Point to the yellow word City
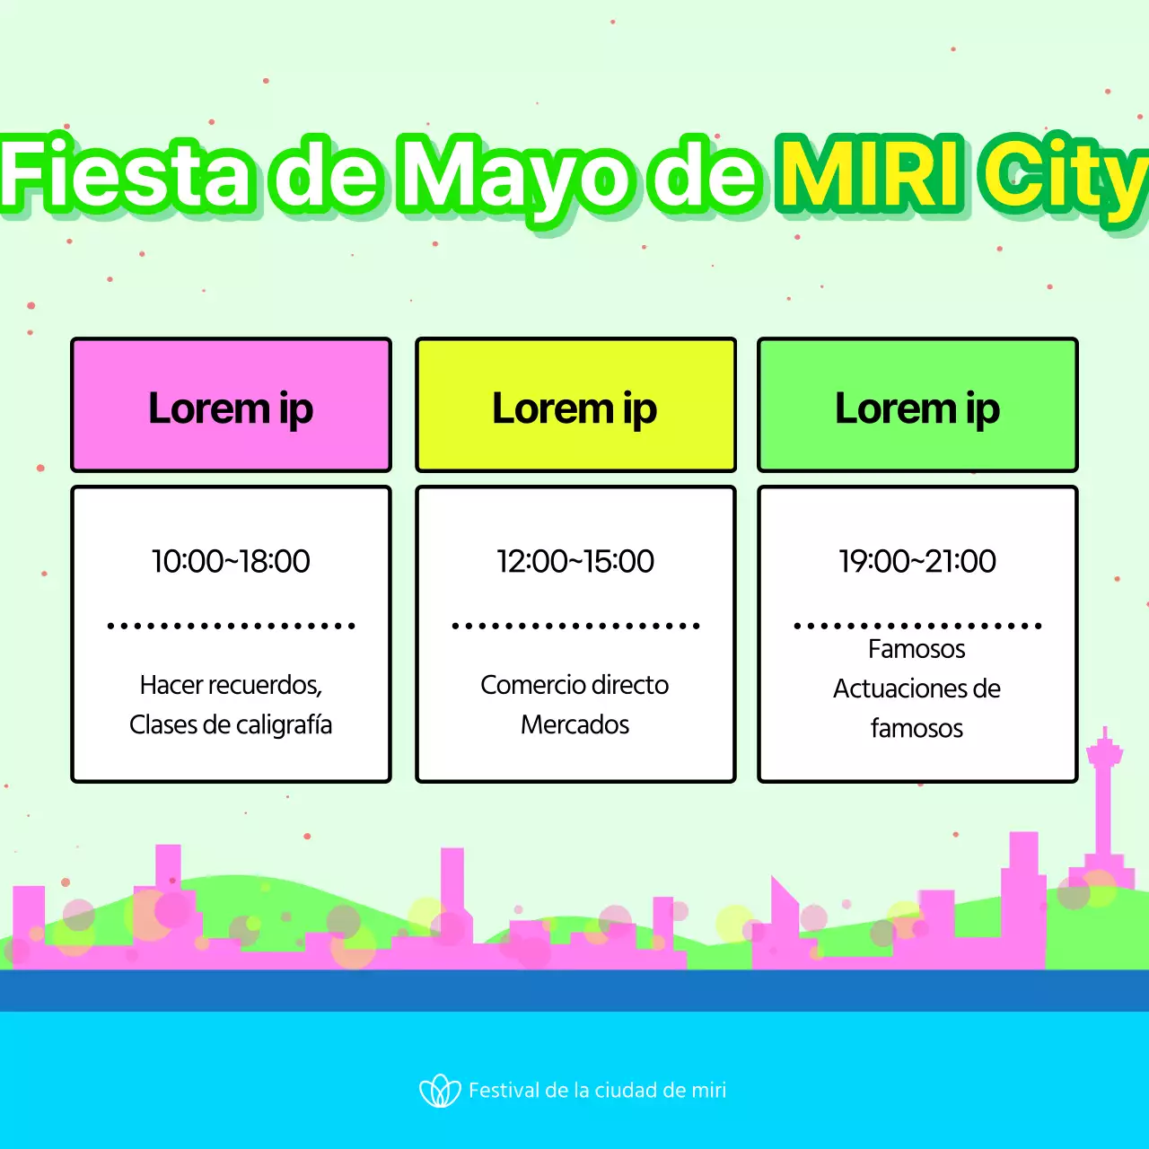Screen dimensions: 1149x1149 click(x=1064, y=176)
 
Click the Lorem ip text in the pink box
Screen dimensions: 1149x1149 click(x=231, y=409)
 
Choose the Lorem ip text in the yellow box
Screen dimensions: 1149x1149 click(x=574, y=409)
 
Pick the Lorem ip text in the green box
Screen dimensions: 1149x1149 click(x=917, y=409)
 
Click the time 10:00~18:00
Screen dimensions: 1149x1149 click(x=231, y=561)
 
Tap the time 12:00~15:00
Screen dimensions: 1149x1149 click(x=575, y=561)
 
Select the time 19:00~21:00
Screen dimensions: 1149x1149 click(x=917, y=561)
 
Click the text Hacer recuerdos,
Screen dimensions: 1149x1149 click(x=231, y=685)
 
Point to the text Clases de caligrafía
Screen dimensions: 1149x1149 click(x=231, y=724)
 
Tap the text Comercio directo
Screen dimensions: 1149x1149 click(x=574, y=685)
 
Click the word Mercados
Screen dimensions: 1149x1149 click(x=574, y=724)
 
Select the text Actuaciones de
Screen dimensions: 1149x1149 click(x=917, y=689)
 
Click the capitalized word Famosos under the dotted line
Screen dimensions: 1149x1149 click(x=917, y=649)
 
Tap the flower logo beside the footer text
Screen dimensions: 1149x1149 click(x=440, y=1091)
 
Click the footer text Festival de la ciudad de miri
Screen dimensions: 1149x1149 click(x=597, y=1091)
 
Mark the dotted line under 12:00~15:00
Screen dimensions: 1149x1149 click(x=575, y=626)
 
